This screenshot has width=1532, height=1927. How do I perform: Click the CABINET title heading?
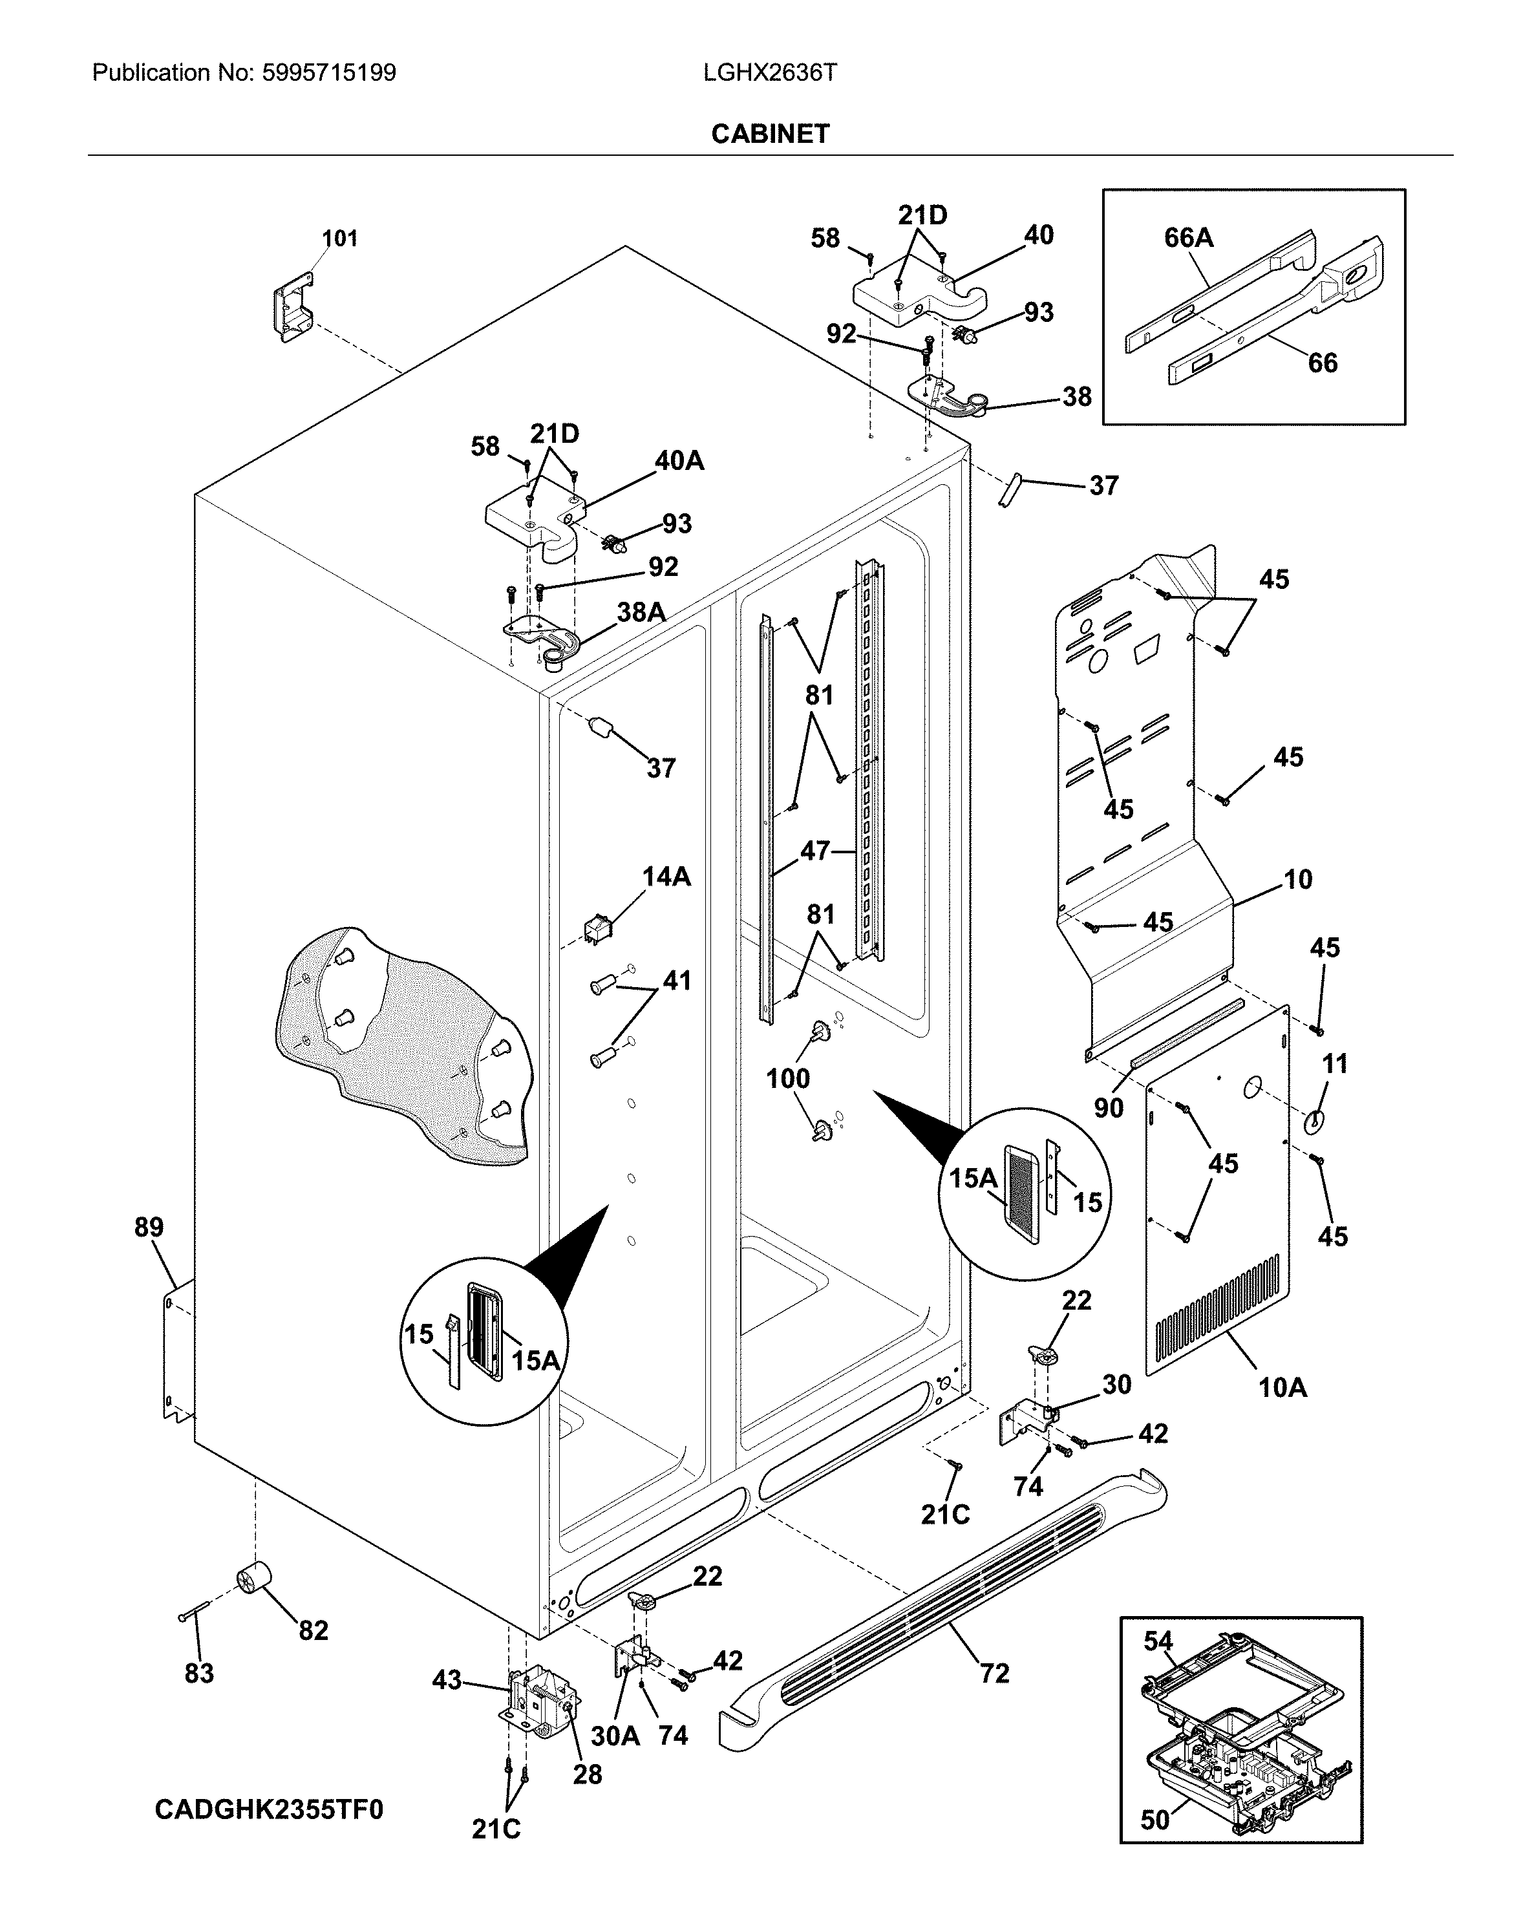(x=770, y=133)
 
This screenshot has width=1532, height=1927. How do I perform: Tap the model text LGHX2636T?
(x=770, y=72)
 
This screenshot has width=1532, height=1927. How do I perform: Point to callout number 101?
(x=339, y=239)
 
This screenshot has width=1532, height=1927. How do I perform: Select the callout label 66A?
(x=1188, y=238)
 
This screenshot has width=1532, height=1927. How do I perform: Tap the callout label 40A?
(x=679, y=461)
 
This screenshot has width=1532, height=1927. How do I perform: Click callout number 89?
(x=149, y=1227)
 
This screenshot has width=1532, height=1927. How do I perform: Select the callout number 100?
(x=787, y=1079)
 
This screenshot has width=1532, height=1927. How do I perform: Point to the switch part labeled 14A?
(x=595, y=930)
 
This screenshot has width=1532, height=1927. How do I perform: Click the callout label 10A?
(x=1282, y=1387)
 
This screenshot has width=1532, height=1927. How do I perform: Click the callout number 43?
(x=447, y=1679)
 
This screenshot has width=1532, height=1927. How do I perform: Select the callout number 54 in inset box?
(x=1158, y=1641)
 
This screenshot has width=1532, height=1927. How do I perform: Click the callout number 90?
(x=1109, y=1108)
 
